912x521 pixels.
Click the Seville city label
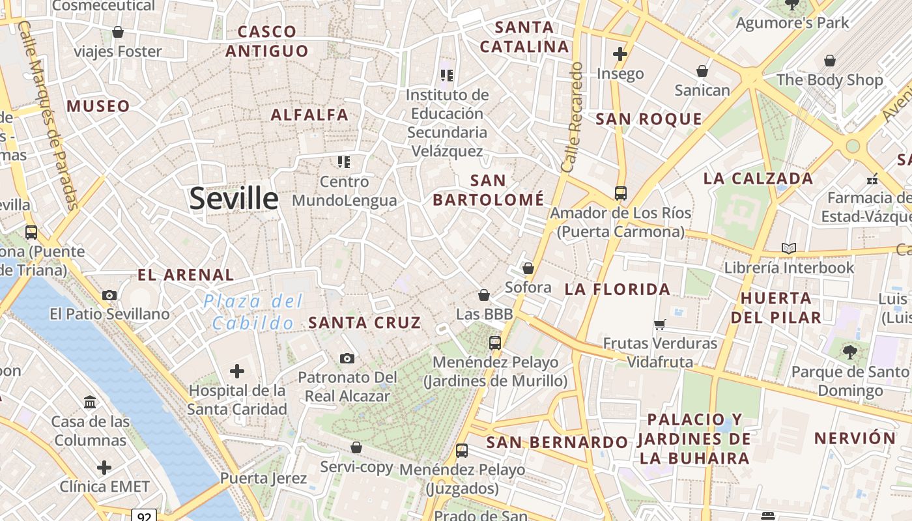233,198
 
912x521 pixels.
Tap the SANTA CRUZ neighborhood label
364,322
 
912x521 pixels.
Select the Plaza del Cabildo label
253,311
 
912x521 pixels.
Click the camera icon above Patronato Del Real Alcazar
347,358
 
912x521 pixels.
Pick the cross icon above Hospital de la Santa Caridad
237,371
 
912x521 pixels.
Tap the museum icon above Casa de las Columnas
90,402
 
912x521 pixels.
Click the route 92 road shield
145,516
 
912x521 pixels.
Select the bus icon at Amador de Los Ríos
620,193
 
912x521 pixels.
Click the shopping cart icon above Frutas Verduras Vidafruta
659,324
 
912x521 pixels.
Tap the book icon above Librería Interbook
789,248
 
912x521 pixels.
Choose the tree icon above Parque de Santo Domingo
849,352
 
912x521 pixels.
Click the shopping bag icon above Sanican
702,71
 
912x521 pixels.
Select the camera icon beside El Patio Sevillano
109,295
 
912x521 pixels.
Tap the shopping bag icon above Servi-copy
356,447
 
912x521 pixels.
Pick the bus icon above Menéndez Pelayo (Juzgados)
462,450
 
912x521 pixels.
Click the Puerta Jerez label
263,478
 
